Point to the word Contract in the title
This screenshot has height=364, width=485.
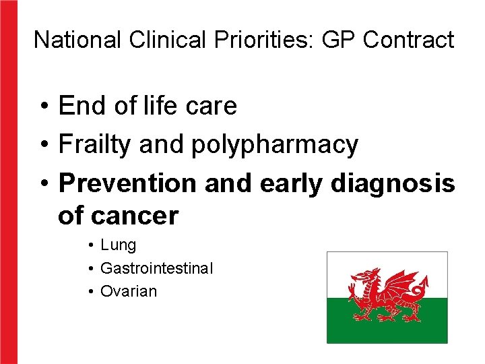click(408, 40)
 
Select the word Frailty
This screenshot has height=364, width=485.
click(95, 144)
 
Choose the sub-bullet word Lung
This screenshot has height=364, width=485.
click(118, 245)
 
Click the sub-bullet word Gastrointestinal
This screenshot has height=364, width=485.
click(156, 268)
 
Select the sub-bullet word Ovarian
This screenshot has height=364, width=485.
click(128, 291)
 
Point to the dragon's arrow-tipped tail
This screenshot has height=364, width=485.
click(424, 283)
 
